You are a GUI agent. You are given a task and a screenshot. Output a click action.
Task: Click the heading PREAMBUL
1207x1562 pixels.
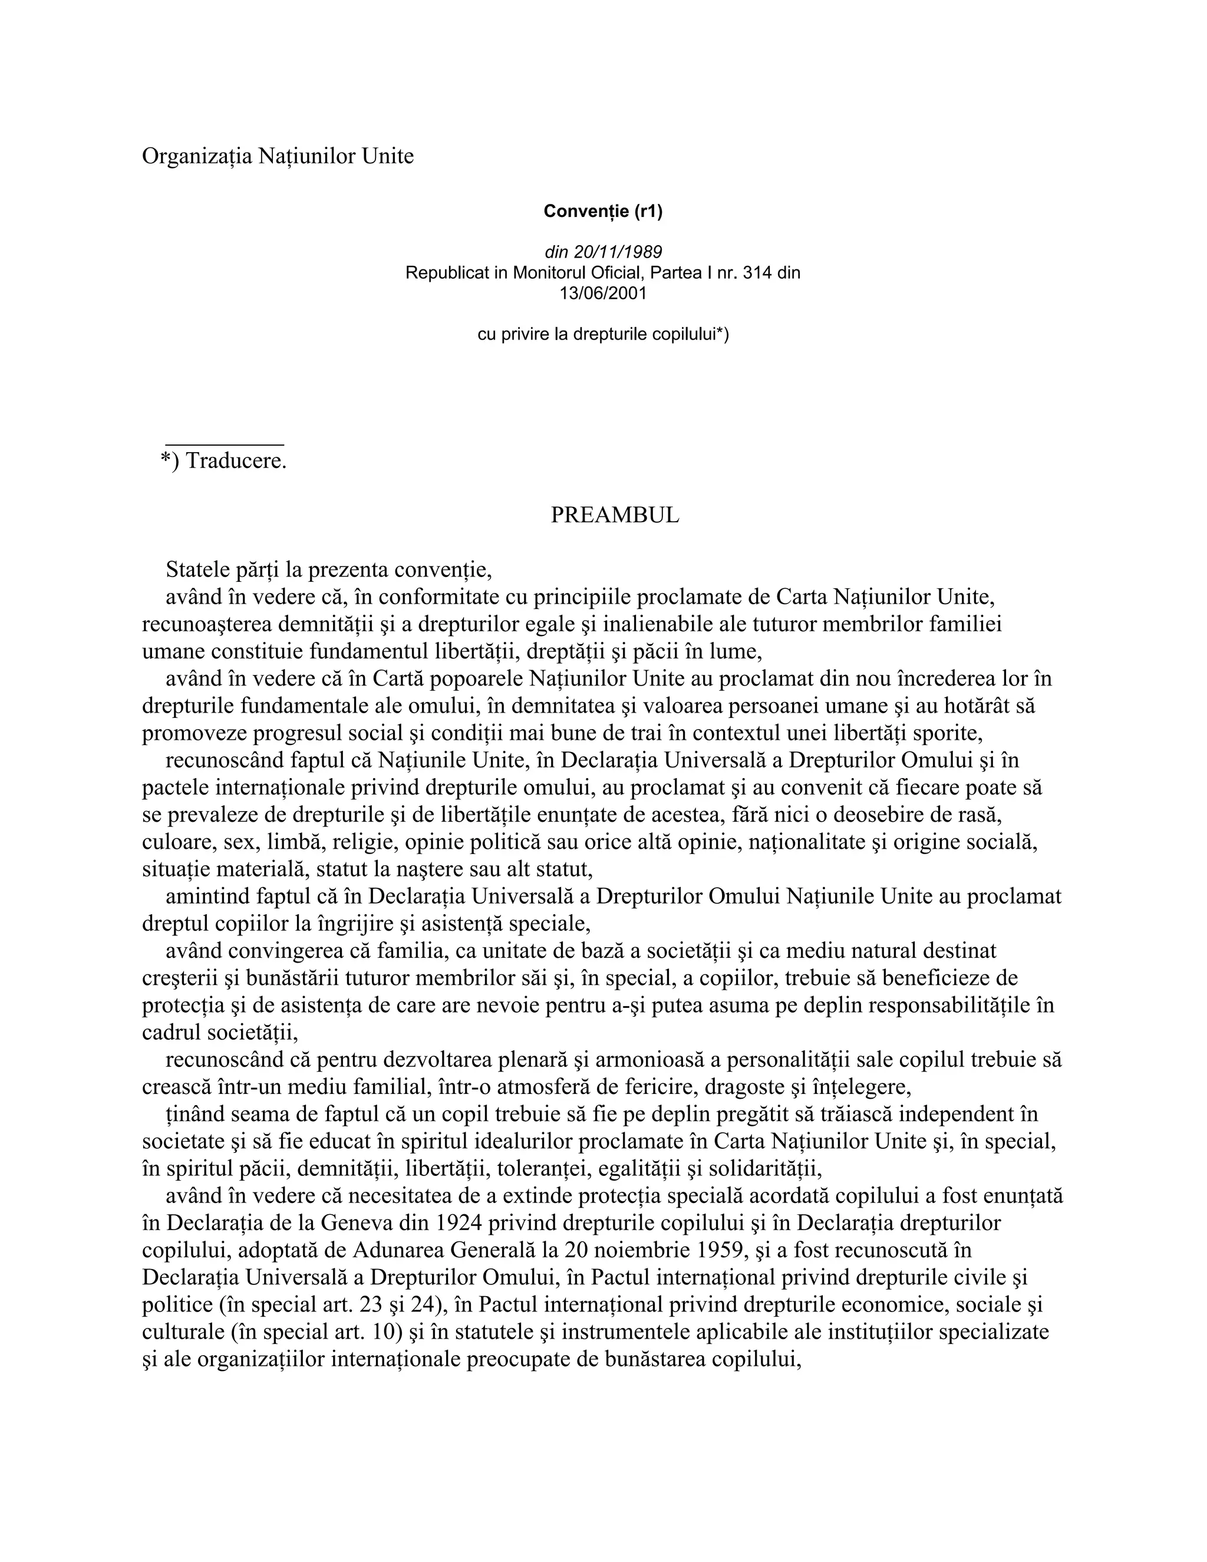click(615, 515)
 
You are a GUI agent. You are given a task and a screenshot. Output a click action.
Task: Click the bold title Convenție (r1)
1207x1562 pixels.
click(603, 211)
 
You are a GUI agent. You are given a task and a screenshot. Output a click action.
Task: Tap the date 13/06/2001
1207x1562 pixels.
click(603, 293)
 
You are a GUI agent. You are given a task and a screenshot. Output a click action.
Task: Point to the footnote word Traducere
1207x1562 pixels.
click(236, 462)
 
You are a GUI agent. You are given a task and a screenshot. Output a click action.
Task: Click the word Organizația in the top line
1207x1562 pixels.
click(197, 156)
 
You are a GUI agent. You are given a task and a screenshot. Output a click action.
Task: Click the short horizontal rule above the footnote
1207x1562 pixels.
click(225, 445)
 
